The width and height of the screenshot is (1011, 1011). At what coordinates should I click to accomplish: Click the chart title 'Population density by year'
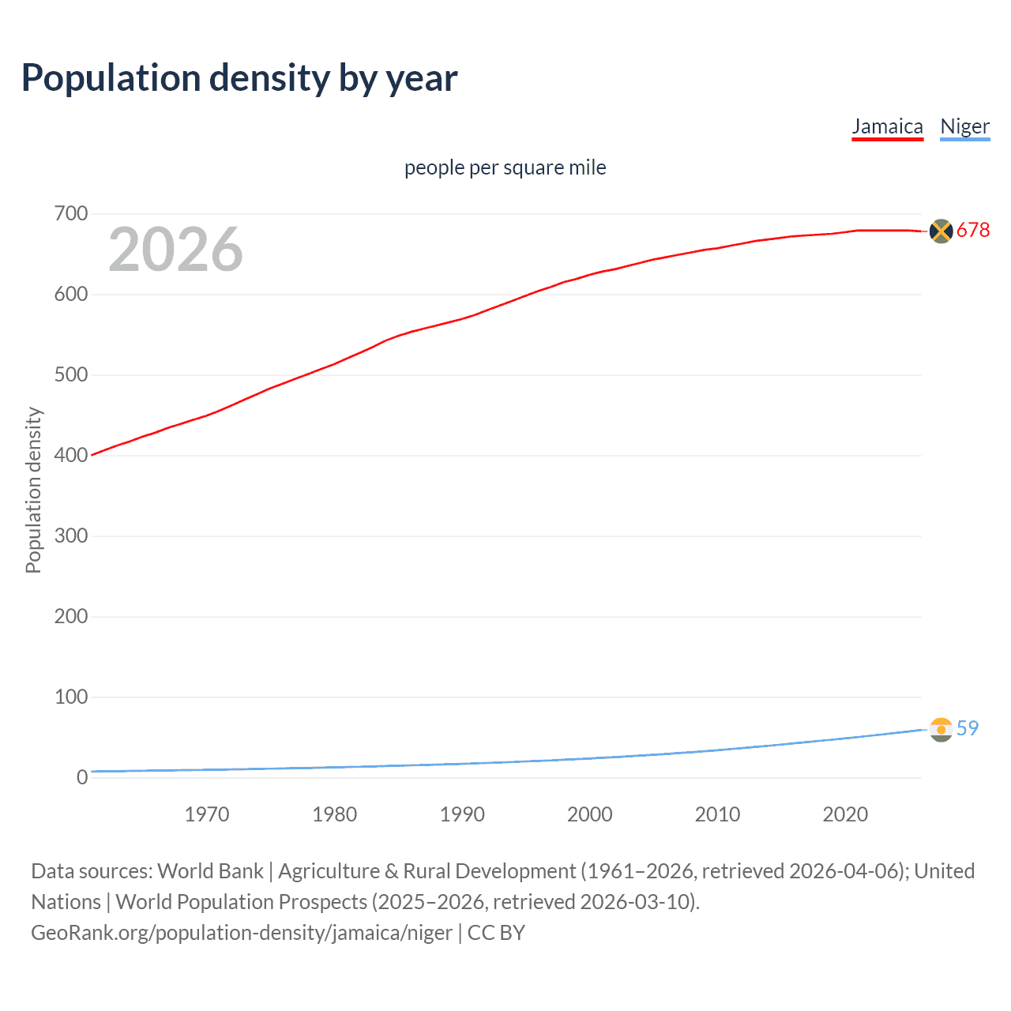239,78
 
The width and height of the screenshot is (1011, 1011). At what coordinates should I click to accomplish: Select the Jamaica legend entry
887,127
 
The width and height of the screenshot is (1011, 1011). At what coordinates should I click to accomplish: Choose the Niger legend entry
964,127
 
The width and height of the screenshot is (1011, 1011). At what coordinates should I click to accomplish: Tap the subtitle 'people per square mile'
505,168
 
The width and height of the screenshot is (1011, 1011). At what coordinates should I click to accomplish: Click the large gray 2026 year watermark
175,250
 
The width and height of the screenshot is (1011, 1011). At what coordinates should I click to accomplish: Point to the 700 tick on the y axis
71,214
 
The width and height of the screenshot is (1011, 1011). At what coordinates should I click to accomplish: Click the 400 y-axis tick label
71,456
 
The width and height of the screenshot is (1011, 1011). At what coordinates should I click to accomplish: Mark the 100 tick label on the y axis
71,697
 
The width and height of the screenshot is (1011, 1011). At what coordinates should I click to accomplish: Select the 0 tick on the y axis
82,778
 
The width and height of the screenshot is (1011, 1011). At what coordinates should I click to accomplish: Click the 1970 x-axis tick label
207,814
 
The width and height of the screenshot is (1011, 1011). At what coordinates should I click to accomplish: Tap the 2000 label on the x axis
590,814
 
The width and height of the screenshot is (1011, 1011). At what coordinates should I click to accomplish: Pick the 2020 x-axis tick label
845,814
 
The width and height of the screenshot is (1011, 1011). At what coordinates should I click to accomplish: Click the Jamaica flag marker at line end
941,231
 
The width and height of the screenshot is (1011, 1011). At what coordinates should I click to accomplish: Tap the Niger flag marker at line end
941,730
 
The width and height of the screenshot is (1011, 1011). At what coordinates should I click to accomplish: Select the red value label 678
973,231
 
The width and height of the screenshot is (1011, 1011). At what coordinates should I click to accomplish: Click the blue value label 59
968,729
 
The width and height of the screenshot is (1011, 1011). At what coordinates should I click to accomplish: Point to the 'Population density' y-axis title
33,490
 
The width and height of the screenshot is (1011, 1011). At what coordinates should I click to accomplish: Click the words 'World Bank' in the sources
210,871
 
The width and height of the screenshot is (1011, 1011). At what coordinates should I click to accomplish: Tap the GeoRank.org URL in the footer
242,933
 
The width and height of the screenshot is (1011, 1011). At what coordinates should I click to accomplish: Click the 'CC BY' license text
496,933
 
